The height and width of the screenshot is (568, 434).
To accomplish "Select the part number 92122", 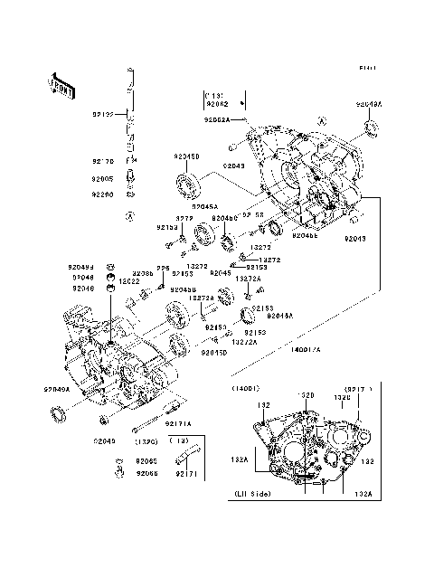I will pos(102,115).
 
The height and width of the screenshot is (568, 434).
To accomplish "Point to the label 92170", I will pos(102,160).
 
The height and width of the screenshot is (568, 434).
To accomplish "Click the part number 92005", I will pos(102,179).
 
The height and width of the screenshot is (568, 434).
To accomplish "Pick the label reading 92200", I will pos(102,194).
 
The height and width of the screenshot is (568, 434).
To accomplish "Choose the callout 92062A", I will pos(215,119).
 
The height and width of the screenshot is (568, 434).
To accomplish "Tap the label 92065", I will pos(146,461).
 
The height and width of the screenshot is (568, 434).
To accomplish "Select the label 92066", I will pos(146,473).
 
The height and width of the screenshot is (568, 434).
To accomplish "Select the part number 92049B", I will pos(79,268).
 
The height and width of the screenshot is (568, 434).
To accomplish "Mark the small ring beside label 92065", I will pos(118,461).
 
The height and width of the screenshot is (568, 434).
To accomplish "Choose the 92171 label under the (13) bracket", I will pos(187,474).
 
